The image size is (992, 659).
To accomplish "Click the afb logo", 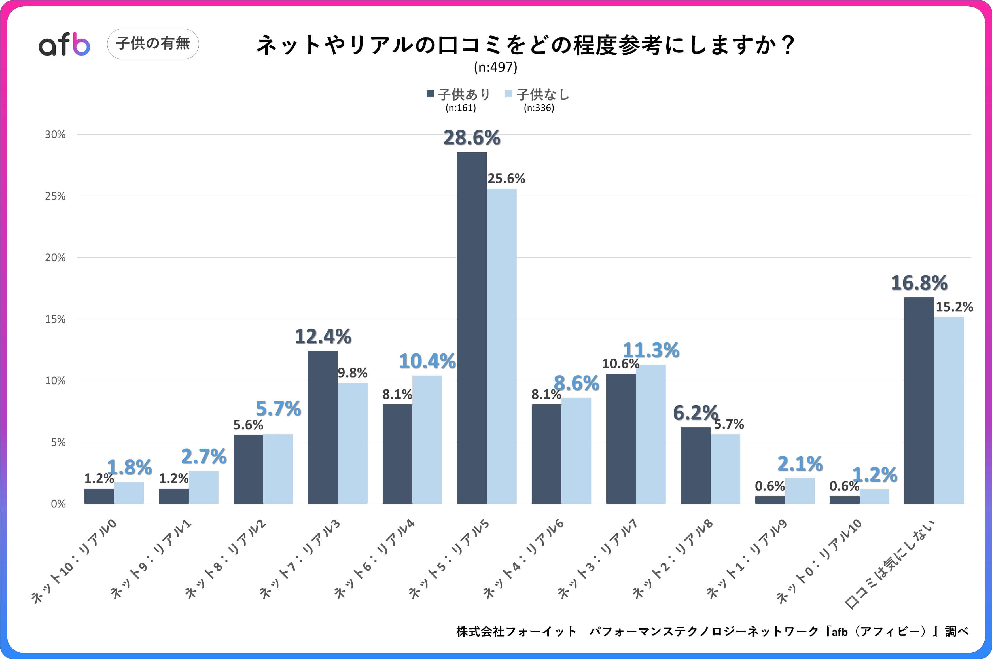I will pos(64,44).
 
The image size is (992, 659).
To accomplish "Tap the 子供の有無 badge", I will pos(153,44).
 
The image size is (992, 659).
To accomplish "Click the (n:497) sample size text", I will pos(495,67).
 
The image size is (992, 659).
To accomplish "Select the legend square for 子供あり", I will pos(430,94).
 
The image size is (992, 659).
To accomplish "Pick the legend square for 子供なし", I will pos(509,94).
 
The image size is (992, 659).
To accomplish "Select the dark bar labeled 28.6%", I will pos(472,328).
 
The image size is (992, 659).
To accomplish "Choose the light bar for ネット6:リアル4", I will pos(427,439).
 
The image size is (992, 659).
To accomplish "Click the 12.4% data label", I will pos(323,336).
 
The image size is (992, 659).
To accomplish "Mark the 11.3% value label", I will pos(650,350).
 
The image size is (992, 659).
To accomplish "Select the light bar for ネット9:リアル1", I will pos(203,487).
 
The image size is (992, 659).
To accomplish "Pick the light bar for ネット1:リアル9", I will pos(800,491).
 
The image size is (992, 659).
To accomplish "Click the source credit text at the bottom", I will pos(712,631).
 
